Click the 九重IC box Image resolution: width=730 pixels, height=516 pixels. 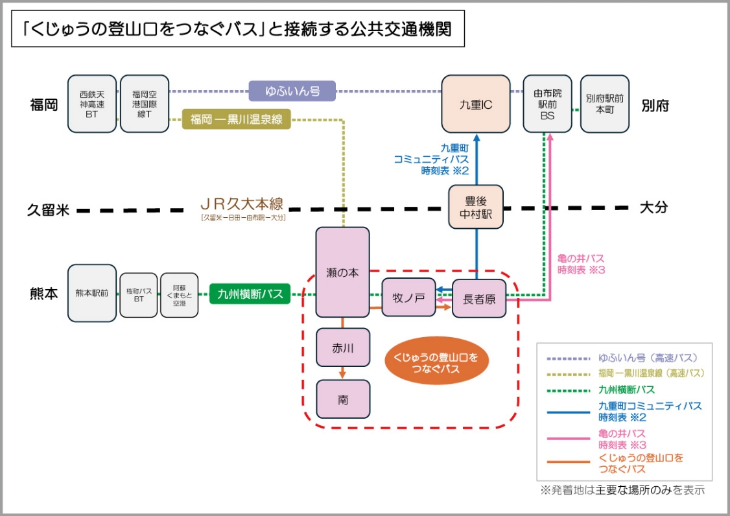pyautogui.click(x=476, y=104)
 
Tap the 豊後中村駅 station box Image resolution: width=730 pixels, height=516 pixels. pyautogui.click(x=476, y=207)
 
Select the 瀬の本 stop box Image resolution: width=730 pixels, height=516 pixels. pyautogui.click(x=342, y=272)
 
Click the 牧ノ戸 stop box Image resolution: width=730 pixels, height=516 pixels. pyautogui.click(x=408, y=298)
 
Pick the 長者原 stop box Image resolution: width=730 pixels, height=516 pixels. pyautogui.click(x=479, y=299)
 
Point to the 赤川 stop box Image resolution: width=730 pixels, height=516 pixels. pyautogui.click(x=342, y=347)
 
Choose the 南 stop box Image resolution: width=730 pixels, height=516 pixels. pyautogui.click(x=343, y=399)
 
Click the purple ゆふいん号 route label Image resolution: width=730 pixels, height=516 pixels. pyautogui.click(x=292, y=91)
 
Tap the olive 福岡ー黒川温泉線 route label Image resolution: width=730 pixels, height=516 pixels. pyautogui.click(x=237, y=119)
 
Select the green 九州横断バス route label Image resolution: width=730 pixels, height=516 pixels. pyautogui.click(x=250, y=294)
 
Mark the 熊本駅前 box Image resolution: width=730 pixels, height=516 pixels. pyautogui.click(x=91, y=293)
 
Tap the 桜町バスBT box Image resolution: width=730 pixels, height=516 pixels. pyautogui.click(x=139, y=295)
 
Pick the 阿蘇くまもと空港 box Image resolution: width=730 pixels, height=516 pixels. pyautogui.click(x=179, y=295)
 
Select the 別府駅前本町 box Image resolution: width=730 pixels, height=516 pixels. pyautogui.click(x=604, y=104)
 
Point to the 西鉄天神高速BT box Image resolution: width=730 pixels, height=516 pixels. pyautogui.click(x=91, y=104)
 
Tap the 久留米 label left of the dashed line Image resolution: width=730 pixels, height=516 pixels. pyautogui.click(x=48, y=210)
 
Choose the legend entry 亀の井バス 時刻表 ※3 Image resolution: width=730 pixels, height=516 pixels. pyautogui.click(x=622, y=439)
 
